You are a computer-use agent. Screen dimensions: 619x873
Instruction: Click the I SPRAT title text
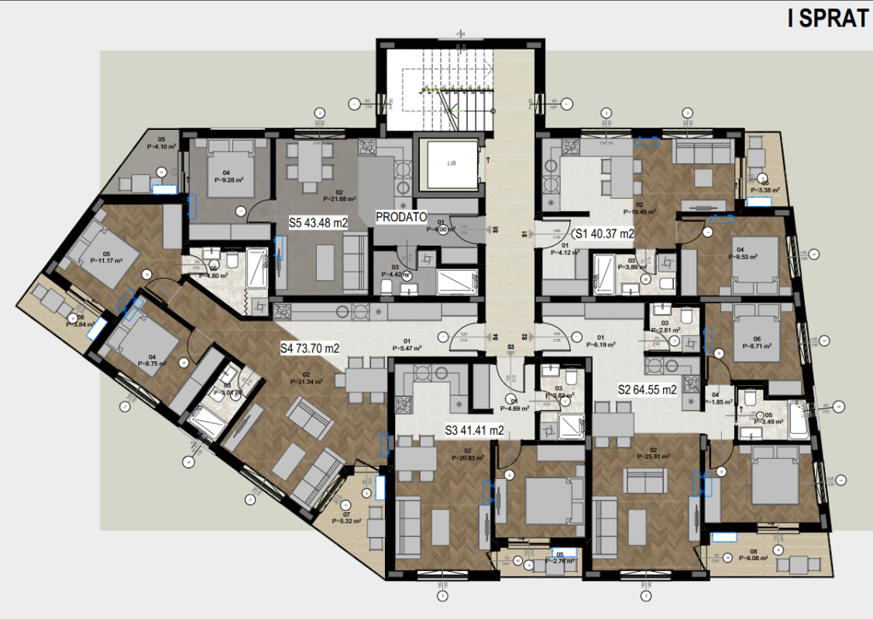click(x=827, y=19)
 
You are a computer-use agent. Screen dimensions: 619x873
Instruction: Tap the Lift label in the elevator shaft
click(x=450, y=164)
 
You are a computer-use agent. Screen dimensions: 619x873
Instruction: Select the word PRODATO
click(x=401, y=218)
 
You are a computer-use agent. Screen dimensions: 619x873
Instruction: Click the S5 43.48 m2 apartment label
click(x=318, y=222)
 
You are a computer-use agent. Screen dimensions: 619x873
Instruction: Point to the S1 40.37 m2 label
click(x=603, y=233)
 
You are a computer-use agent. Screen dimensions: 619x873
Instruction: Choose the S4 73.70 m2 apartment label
click(x=310, y=348)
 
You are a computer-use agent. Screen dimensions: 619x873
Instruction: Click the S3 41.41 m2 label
click(x=475, y=430)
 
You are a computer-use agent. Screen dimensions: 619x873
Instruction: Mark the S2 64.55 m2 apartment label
click(x=648, y=390)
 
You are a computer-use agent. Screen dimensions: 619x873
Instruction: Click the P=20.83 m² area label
click(x=468, y=457)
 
